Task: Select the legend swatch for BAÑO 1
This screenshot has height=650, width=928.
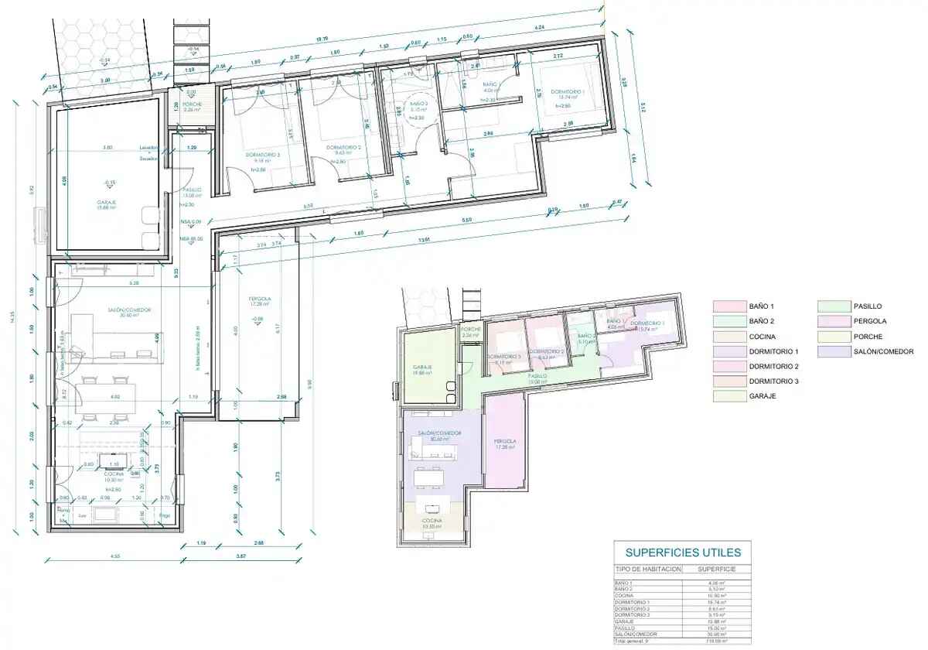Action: [x=728, y=306]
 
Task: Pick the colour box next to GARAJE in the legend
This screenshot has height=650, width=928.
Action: [x=728, y=395]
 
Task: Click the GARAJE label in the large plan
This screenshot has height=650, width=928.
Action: [x=107, y=202]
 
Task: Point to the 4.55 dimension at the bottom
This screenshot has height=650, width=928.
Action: [x=114, y=556]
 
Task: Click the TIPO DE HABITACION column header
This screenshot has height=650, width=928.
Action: [x=648, y=569]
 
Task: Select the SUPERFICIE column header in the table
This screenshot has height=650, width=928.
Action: [x=716, y=569]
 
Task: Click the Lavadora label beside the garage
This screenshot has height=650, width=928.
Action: [x=148, y=147]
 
